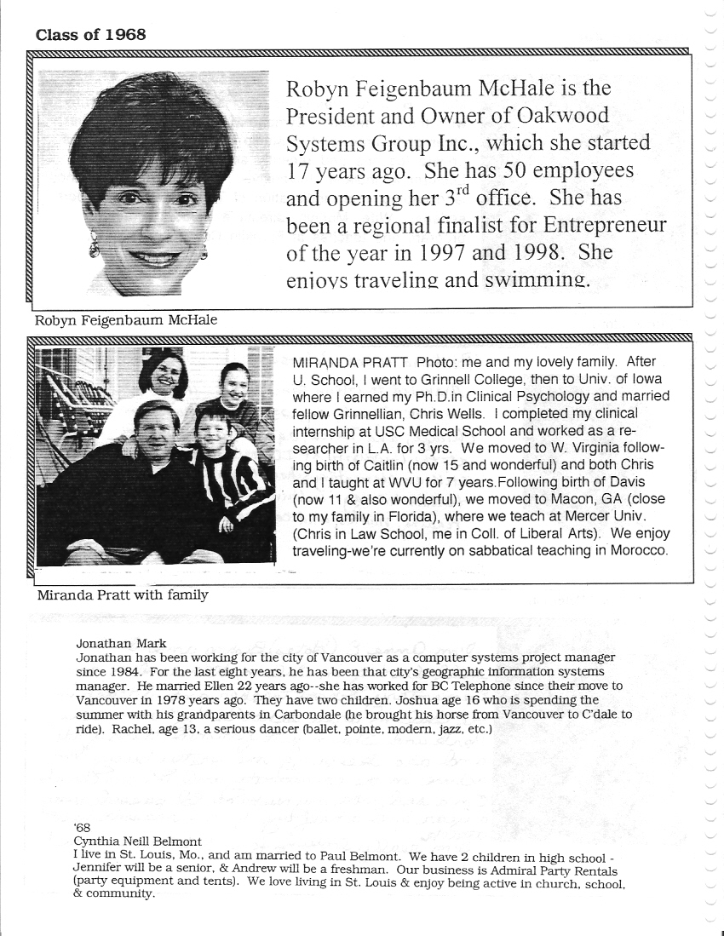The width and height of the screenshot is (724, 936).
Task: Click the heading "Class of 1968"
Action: pyautogui.click(x=90, y=35)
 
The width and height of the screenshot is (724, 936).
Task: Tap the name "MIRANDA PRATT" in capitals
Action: pyautogui.click(x=335, y=362)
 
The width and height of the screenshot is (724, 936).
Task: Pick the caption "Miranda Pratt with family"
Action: pyautogui.click(x=123, y=594)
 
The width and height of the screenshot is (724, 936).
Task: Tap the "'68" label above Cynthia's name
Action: pyautogui.click(x=83, y=827)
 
